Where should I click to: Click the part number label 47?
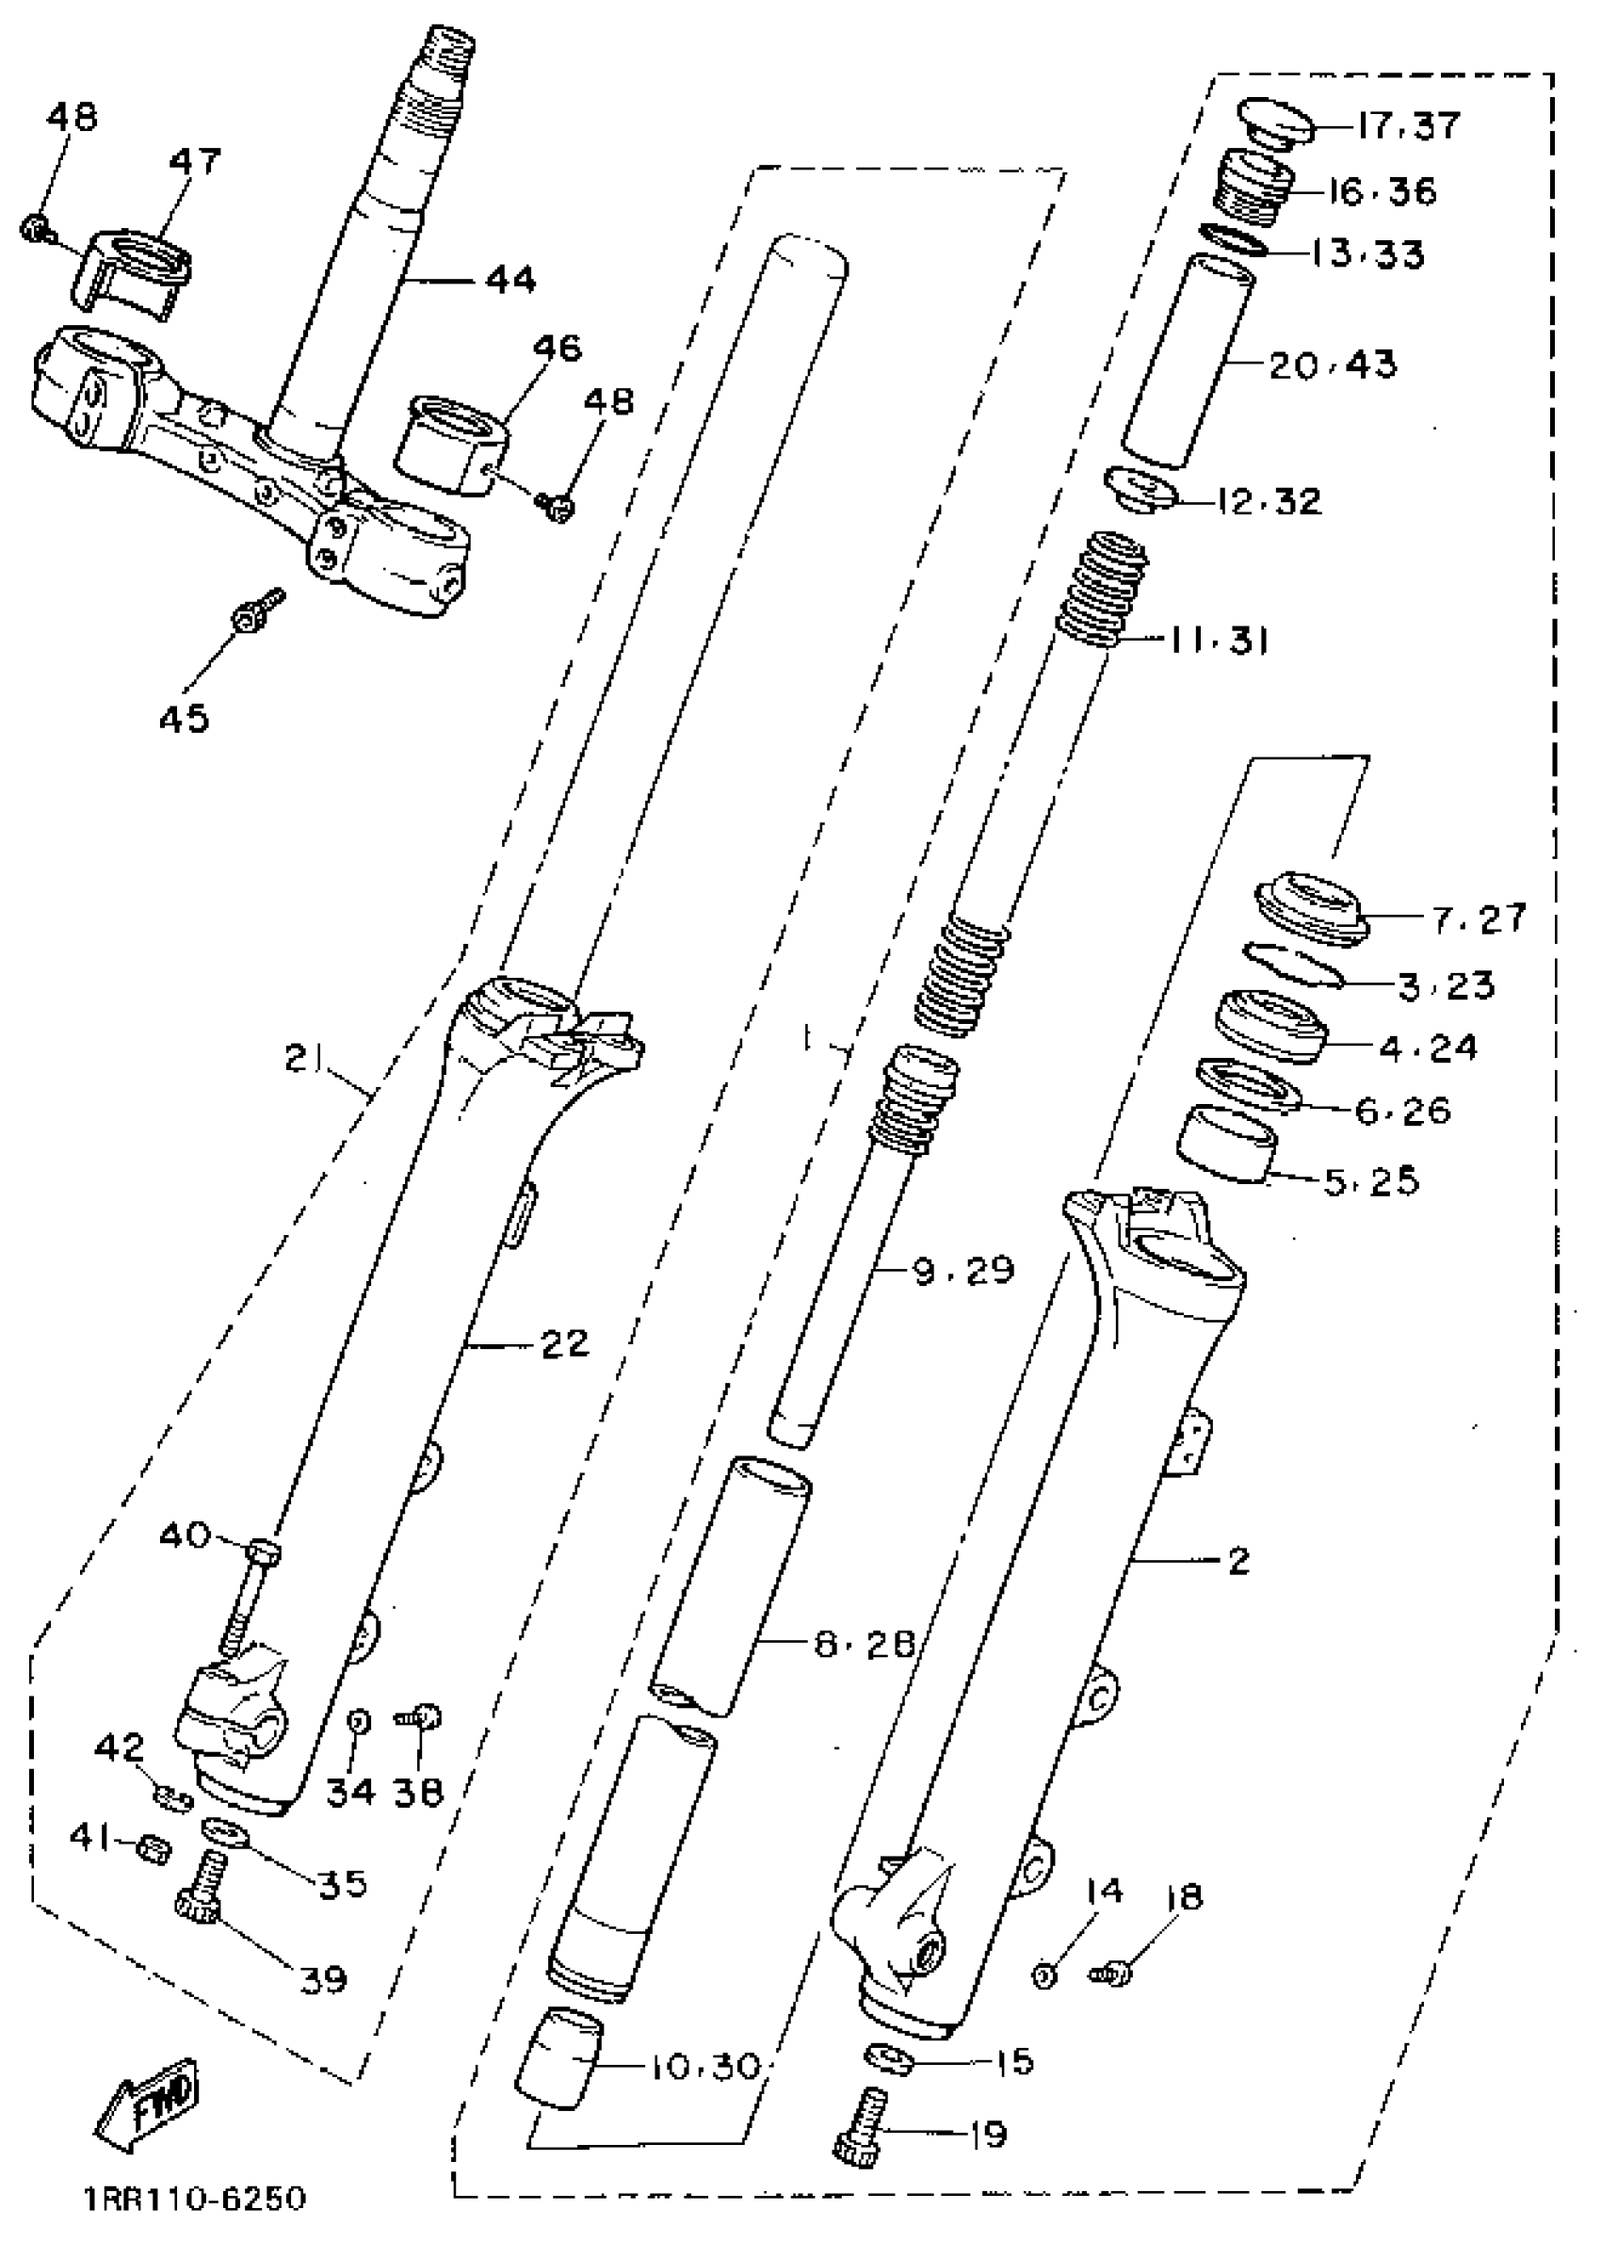click(x=194, y=161)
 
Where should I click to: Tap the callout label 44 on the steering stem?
click(x=510, y=280)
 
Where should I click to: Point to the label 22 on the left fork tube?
click(x=565, y=1342)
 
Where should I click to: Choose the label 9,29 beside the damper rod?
click(x=963, y=1270)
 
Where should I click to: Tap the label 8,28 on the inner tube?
click(x=865, y=1643)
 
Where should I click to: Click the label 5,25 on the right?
click(x=1370, y=1180)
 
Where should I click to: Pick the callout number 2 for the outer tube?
click(x=1238, y=1560)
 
